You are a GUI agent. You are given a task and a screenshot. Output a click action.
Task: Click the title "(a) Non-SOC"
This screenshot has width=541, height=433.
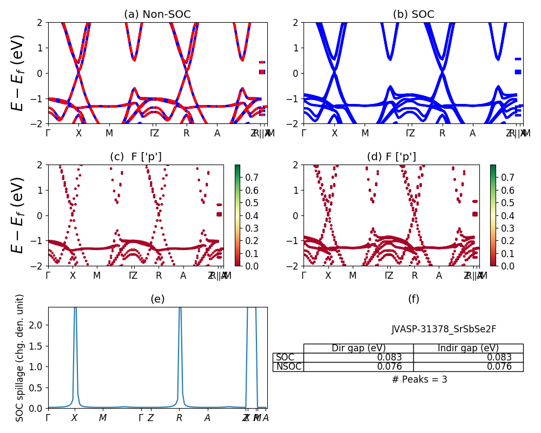[157, 15]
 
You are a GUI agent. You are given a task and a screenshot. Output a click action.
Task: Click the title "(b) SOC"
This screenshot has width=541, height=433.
[413, 15]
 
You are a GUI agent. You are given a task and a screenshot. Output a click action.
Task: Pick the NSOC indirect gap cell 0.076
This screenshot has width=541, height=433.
[468, 366]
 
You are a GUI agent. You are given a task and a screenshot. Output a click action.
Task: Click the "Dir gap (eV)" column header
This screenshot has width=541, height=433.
[358, 348]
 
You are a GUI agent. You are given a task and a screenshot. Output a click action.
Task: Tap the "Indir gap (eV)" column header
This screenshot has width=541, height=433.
[468, 348]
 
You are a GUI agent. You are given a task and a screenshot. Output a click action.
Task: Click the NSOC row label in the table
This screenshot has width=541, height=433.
[288, 366]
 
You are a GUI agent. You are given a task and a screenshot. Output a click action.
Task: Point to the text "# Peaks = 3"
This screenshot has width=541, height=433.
[419, 379]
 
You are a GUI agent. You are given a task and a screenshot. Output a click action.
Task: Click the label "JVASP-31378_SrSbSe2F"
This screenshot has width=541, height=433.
[444, 329]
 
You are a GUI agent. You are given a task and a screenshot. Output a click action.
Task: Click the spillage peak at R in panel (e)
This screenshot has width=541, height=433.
[179, 311]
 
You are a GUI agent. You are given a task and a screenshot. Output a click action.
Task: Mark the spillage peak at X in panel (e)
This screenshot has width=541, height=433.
[75, 311]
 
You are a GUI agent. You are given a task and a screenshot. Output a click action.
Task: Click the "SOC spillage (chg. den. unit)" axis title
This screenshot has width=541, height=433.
[19, 358]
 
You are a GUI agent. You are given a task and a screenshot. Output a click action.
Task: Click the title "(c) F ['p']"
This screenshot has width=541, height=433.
[135, 157]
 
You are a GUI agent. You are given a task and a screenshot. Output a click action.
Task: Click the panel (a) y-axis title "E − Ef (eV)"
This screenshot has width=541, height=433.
[19, 73]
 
